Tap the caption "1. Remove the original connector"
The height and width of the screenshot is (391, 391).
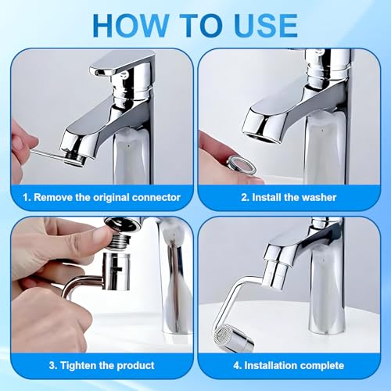pos(101,197)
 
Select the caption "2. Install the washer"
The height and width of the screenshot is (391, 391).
pos(290,197)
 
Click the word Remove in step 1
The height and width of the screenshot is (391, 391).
pos(52,197)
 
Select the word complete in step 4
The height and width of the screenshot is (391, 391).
pos(320,365)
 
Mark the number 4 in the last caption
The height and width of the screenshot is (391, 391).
pos(241,365)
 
